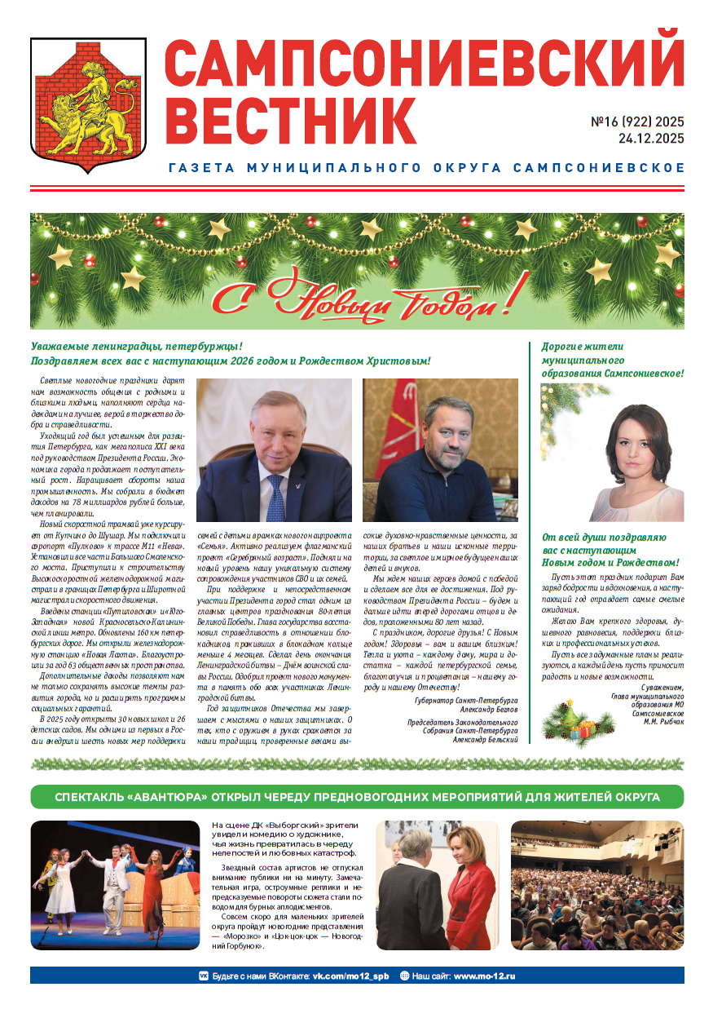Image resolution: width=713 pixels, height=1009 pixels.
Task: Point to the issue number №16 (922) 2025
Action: tap(637, 122)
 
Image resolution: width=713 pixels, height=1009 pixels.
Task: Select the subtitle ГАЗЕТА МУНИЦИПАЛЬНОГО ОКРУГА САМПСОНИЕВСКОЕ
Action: tap(425, 168)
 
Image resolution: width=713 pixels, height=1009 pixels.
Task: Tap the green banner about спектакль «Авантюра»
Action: tap(357, 797)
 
